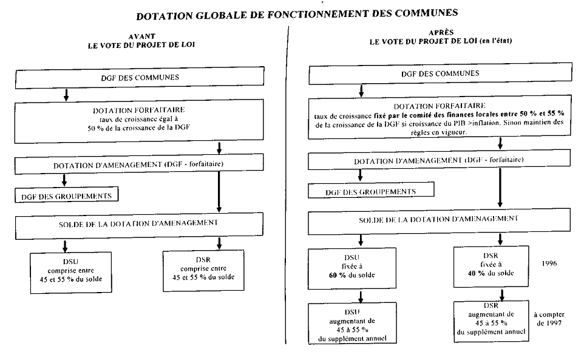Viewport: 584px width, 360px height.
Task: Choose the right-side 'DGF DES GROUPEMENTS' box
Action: point(372,191)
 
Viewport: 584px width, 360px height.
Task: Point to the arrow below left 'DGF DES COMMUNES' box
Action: point(66,95)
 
